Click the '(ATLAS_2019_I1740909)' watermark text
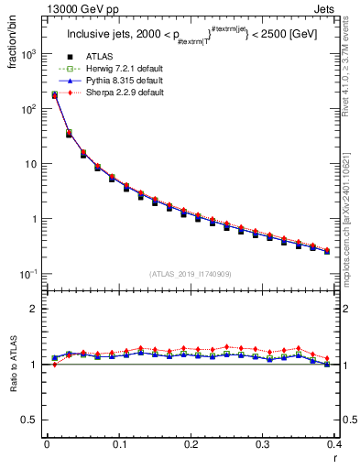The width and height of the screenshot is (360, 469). pos(190,274)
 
